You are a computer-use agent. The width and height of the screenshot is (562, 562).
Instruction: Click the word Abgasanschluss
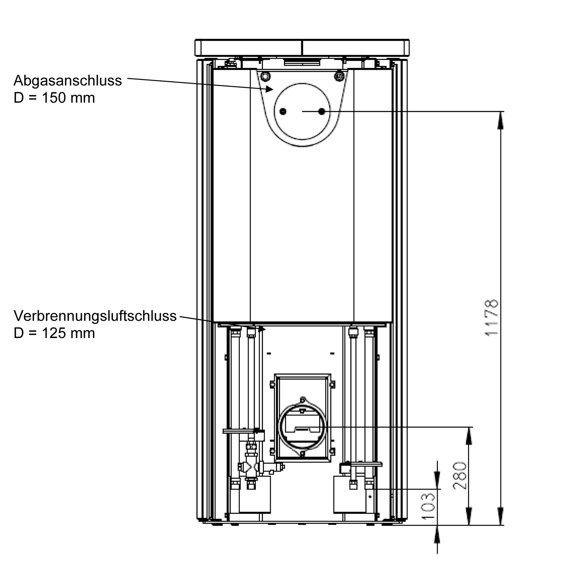point(67,81)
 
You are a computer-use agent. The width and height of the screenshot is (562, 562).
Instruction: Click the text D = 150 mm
point(54,98)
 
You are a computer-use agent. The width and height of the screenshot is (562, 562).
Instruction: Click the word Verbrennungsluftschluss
point(95,316)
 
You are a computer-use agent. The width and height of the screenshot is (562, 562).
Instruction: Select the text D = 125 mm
point(54,333)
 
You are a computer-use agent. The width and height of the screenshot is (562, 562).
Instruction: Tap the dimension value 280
point(460,476)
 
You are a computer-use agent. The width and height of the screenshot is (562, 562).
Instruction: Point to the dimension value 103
point(428,506)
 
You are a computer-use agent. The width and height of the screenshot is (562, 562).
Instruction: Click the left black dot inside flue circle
point(283,111)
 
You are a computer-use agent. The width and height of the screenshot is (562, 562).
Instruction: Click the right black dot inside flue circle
point(321,111)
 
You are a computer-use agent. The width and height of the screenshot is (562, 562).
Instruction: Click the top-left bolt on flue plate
point(265,76)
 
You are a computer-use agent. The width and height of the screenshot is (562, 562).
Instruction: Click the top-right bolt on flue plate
point(339,76)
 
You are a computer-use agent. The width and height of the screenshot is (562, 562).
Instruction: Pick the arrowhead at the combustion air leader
point(262,329)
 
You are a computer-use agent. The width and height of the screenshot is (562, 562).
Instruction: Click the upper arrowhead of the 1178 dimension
point(501,120)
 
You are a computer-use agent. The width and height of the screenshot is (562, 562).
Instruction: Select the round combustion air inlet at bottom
point(302,427)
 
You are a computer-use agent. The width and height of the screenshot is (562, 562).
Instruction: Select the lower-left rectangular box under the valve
point(255,495)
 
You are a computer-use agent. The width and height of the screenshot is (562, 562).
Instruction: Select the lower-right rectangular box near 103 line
point(350,495)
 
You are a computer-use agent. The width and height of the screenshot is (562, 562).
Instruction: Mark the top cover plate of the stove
point(302,48)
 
